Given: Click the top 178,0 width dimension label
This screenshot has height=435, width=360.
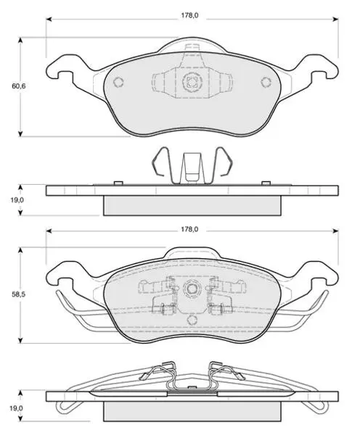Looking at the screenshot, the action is [189, 15].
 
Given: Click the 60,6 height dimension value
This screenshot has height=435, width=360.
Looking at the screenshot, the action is [19, 86].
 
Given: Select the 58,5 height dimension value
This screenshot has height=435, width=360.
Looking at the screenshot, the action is [19, 294].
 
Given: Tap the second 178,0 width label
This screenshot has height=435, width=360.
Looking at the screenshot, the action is [189, 229].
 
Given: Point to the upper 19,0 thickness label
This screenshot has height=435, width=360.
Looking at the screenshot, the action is [17, 200].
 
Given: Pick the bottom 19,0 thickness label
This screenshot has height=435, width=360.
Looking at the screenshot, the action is [17, 408].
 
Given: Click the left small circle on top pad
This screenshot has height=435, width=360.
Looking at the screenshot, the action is [118, 82].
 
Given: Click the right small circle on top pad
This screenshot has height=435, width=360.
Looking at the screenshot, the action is [266, 82].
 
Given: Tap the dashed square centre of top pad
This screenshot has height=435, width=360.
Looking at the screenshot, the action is [192, 82].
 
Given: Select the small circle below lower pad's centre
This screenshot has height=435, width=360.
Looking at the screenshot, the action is [192, 320].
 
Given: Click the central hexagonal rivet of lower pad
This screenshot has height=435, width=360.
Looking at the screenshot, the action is [192, 289].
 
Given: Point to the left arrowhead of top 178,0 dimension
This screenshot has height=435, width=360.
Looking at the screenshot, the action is [49, 19].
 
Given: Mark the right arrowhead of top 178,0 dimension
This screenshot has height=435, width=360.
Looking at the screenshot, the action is [335, 19].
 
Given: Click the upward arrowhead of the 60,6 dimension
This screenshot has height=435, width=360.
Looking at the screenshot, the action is [20, 41].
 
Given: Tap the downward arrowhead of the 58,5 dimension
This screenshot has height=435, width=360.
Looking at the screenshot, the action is [20, 340].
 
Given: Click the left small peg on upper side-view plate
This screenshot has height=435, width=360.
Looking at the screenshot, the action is [118, 183].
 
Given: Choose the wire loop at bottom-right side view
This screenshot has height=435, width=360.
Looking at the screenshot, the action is [316, 407].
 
